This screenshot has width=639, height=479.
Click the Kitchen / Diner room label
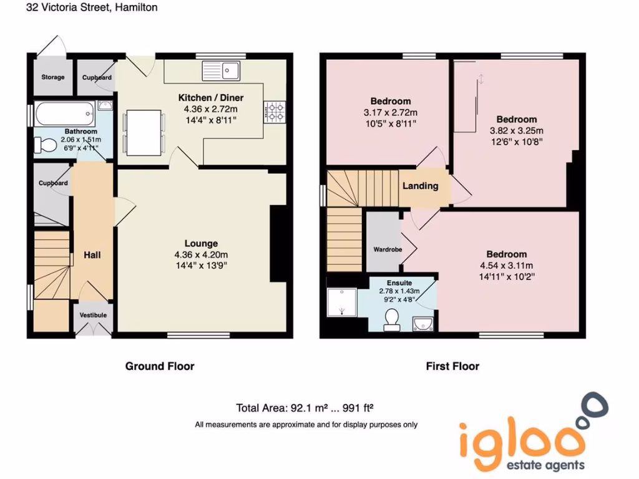click(x=211, y=98)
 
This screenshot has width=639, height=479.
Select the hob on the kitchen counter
click(x=275, y=112)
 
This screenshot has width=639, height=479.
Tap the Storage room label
click(x=53, y=77)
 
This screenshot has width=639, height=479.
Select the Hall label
click(x=92, y=255)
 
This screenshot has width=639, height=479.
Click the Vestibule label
click(x=93, y=316)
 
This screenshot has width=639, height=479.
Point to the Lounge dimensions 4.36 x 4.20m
click(x=201, y=254)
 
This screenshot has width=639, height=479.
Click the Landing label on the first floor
click(x=420, y=186)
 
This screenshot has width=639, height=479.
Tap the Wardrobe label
click(x=388, y=249)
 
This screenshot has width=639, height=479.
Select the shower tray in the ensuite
click(x=341, y=303)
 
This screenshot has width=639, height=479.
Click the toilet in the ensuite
click(x=392, y=319)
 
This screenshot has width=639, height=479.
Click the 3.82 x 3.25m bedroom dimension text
click(x=516, y=131)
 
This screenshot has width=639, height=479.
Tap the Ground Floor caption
click(x=160, y=366)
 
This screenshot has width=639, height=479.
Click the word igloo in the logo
click(x=523, y=440)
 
